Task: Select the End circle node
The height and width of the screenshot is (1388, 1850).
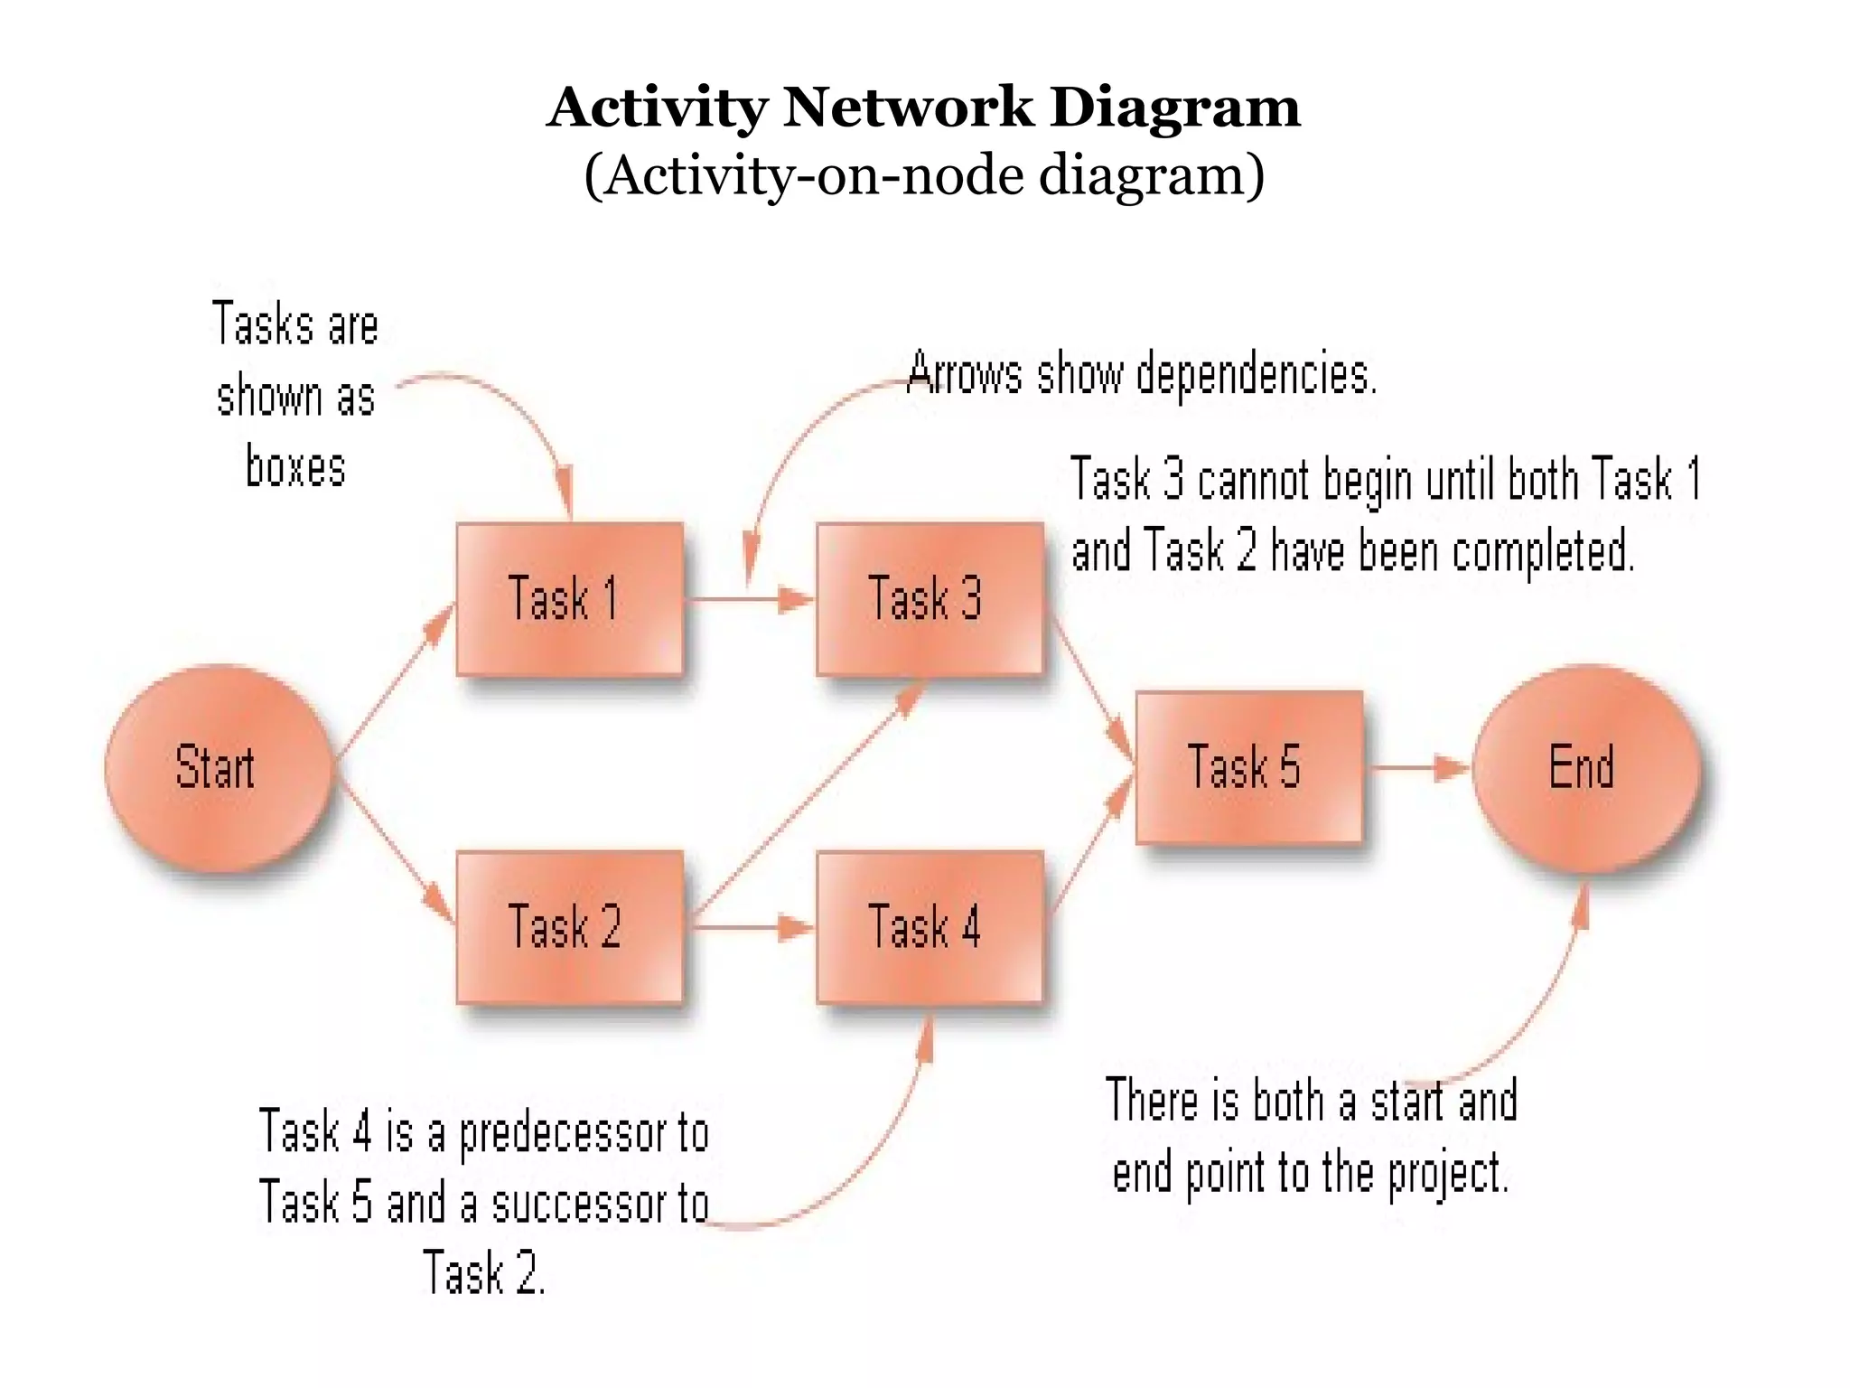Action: tap(1585, 768)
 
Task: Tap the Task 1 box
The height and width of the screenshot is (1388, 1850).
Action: tap(569, 598)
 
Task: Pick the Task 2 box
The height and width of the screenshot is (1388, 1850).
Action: tap(569, 926)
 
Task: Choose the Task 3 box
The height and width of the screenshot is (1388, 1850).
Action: tap(929, 598)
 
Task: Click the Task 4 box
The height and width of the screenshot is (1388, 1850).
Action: tap(929, 926)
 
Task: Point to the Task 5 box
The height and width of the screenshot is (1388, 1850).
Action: tap(1248, 767)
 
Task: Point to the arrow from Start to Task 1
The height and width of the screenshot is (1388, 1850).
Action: tap(394, 683)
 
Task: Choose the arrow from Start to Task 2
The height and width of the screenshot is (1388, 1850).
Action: tap(394, 854)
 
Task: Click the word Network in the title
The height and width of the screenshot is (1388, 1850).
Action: tap(907, 107)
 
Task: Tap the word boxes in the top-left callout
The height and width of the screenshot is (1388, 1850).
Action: tap(295, 468)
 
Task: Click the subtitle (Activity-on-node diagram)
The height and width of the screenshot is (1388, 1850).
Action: tap(923, 175)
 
